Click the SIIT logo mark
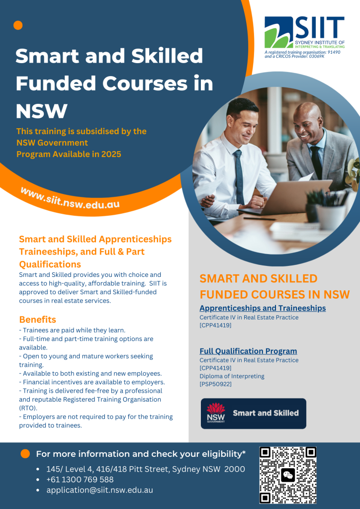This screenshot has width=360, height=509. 279,32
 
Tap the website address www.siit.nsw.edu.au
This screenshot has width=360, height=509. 70,198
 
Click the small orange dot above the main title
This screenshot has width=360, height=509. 18,25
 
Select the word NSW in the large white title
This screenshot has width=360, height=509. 41,111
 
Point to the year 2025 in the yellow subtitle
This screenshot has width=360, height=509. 111,154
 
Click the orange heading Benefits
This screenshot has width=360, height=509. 38,320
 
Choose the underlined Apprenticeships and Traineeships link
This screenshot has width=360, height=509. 263,308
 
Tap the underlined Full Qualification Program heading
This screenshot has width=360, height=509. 248,351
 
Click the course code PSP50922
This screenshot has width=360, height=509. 215,385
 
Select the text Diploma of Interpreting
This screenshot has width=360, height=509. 232,376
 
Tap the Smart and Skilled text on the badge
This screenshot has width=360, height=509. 266,413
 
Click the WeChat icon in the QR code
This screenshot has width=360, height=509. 288,475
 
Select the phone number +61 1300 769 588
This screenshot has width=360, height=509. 80,480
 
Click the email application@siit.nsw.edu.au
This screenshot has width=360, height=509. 99,490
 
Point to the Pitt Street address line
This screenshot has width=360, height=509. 146,469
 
